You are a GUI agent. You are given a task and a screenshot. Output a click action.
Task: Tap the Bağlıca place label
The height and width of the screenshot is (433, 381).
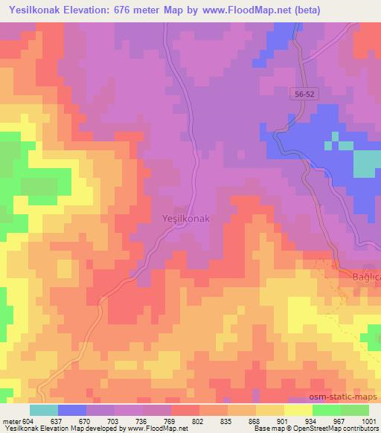[x=365, y=277]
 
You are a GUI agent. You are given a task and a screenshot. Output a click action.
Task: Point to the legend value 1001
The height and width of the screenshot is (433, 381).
[x=368, y=420]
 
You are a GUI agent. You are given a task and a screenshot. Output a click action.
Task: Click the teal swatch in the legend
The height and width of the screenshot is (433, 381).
[x=44, y=410]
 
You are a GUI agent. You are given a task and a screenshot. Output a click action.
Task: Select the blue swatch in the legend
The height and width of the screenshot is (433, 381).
[x=72, y=410]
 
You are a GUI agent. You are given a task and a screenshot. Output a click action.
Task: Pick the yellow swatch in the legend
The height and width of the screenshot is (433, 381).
[x=298, y=410]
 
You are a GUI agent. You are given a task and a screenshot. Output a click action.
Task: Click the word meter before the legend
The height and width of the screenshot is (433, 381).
[x=10, y=420]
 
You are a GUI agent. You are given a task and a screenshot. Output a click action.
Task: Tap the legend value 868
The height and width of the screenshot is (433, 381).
[x=255, y=420]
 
